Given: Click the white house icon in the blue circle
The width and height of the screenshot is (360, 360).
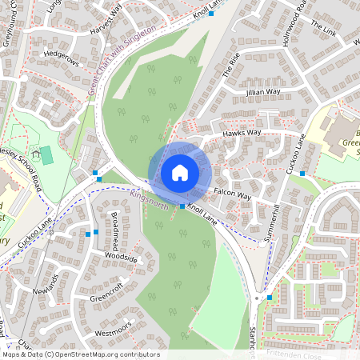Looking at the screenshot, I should click(x=180, y=173).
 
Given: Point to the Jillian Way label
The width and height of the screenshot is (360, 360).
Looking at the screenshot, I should click(x=264, y=93).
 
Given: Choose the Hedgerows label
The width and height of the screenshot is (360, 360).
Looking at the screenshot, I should click(x=63, y=57).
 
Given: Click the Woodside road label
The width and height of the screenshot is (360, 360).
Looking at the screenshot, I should click(x=121, y=259).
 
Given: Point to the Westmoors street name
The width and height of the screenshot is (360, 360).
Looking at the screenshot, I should click(x=111, y=330).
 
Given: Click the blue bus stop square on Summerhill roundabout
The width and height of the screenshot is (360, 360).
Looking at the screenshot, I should click(x=270, y=298).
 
